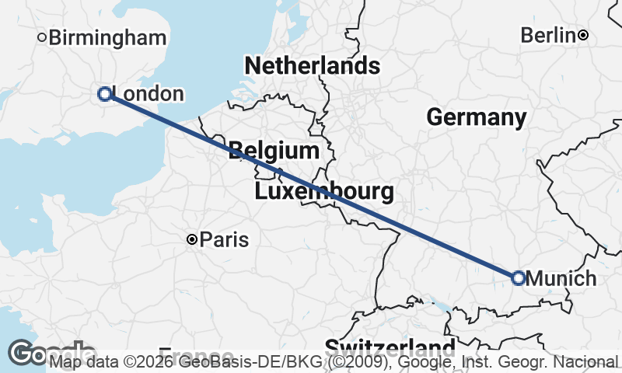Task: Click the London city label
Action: tap(148, 94)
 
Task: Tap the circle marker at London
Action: tap(105, 94)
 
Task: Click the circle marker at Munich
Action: tap(519, 277)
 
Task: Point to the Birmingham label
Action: tap(107, 37)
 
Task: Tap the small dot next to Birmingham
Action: tap(43, 37)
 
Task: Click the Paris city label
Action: tap(224, 239)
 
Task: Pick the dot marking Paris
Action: tap(192, 239)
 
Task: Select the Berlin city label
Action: tap(548, 35)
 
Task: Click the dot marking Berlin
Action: tap(583, 35)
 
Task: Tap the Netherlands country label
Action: tap(312, 66)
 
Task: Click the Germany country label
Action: tap(476, 117)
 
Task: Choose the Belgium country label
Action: tap(274, 151)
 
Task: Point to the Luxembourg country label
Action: tap(323, 190)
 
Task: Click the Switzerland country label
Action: tap(390, 347)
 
